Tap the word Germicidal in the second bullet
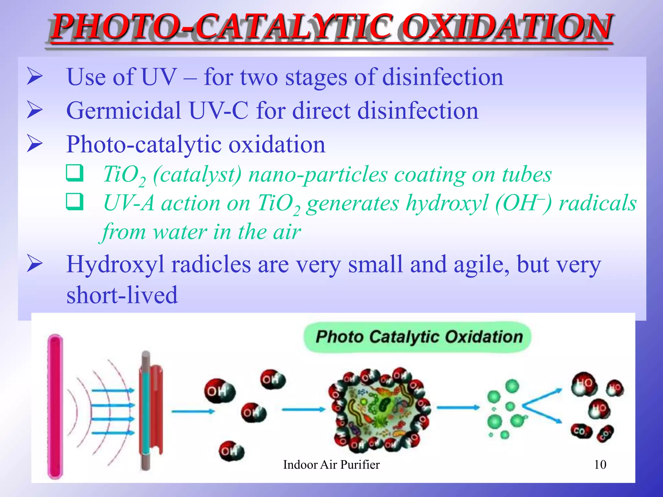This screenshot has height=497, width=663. (123, 111)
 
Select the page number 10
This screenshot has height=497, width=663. (600, 465)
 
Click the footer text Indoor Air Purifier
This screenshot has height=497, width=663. (331, 465)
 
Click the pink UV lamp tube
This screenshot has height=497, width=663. (55, 406)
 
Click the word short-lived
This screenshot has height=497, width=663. (122, 295)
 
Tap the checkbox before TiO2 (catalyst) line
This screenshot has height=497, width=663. (75, 173)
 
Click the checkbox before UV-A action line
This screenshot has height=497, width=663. (75, 202)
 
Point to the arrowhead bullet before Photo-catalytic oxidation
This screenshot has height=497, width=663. (35, 144)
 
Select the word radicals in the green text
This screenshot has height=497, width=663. (598, 203)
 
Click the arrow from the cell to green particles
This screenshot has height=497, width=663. (458, 407)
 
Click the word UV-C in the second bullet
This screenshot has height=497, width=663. (219, 111)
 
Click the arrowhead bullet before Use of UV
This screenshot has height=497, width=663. (35, 76)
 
